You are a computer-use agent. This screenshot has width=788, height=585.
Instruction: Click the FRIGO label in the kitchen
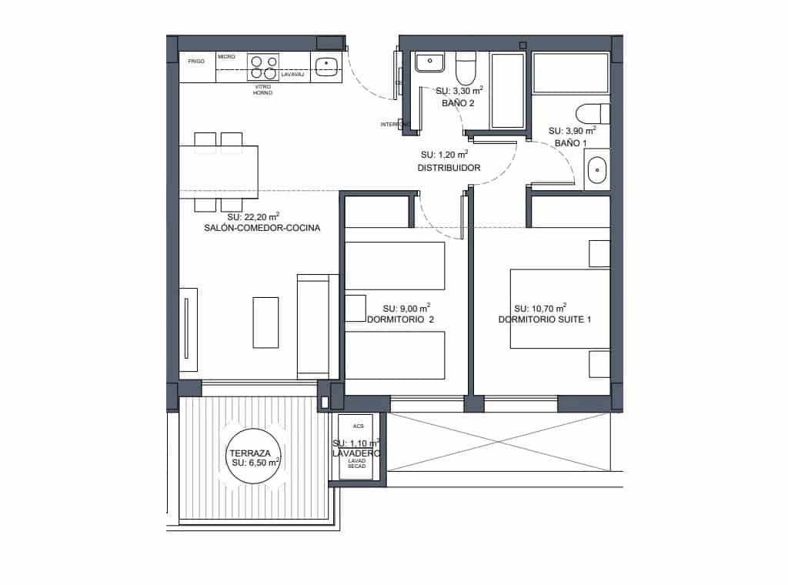[196, 59]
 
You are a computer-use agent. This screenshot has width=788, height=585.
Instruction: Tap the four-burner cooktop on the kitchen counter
[262, 67]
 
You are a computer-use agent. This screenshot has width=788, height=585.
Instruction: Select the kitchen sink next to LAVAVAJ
[327, 65]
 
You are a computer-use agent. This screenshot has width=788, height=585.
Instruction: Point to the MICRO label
[226, 57]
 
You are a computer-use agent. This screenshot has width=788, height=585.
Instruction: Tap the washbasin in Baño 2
[428, 62]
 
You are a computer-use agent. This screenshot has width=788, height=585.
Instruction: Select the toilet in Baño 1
[593, 114]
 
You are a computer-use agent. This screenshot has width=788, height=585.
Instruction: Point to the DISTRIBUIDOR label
[449, 168]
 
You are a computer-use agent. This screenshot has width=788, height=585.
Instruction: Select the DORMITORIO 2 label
[400, 319]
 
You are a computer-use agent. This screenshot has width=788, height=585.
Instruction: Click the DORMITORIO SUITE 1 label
[544, 319]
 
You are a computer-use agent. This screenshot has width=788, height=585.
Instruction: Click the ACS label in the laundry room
[357, 426]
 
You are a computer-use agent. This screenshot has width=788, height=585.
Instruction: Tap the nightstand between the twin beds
[355, 308]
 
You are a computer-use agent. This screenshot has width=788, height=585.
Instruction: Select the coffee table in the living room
[265, 323]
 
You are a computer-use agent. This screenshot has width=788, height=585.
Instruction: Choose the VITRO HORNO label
[262, 90]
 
